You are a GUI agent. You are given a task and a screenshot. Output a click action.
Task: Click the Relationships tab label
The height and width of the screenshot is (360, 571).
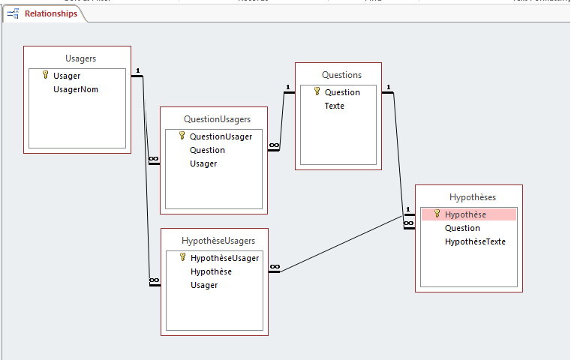coord(50,13)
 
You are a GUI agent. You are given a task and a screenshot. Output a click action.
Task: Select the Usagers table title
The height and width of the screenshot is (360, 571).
coord(80,58)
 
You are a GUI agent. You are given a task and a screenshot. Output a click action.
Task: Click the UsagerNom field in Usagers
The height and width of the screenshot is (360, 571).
coord(76,89)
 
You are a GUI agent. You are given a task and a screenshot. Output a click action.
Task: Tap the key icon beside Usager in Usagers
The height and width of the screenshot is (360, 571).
coord(45,76)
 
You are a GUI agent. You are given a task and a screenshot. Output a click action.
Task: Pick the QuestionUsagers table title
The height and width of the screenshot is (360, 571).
coord(217,118)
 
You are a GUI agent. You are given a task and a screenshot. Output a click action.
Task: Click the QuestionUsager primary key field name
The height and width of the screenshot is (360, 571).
coord(221,136)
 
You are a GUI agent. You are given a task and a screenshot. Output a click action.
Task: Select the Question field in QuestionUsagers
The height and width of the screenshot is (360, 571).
coord(207,150)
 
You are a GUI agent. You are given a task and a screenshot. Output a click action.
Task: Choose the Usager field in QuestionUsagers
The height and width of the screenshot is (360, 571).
coord(203,163)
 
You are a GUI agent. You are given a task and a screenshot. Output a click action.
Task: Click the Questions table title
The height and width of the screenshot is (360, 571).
coord(341,75)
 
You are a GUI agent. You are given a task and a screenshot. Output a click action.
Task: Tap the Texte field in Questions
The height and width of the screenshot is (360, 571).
coord(335,106)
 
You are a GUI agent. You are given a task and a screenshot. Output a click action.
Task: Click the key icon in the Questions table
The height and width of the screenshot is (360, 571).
coord(317,91)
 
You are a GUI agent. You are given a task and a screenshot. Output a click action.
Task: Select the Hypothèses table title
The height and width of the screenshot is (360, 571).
coord(473,197)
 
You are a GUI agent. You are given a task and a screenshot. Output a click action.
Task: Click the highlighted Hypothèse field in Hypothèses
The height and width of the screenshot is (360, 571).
coord(465,214)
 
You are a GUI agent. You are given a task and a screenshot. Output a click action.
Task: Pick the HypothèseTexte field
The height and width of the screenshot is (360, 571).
coord(475,241)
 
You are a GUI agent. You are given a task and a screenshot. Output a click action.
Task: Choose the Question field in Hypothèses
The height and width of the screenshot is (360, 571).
coord(462,228)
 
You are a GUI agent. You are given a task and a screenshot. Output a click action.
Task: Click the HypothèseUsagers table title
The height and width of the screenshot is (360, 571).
coord(218,241)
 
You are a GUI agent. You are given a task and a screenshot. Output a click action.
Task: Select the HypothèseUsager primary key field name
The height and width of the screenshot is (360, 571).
coord(224,258)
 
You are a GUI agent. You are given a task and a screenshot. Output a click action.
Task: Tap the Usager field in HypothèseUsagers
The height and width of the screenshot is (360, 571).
coord(204,285)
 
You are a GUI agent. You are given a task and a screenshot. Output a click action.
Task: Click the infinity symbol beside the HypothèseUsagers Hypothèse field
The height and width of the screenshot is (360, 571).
coord(275,267)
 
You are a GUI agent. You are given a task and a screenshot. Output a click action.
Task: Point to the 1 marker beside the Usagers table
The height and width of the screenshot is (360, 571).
coord(138,72)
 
